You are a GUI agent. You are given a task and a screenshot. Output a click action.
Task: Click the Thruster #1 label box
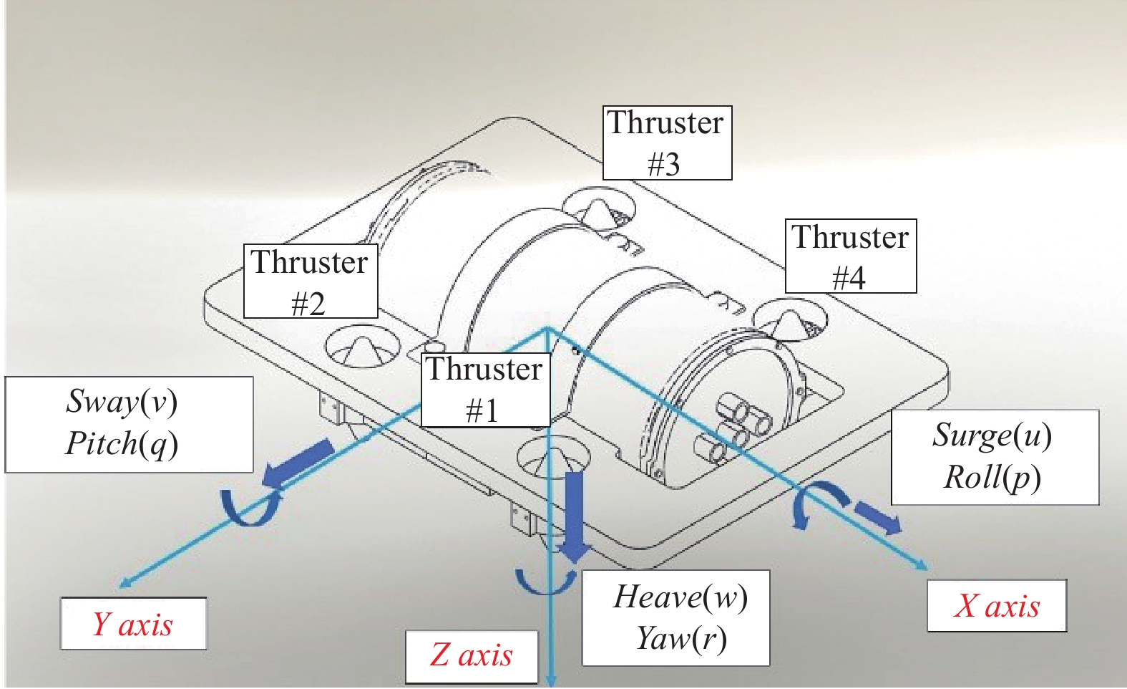click(485, 390)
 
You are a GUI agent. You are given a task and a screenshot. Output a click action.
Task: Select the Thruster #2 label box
click(310, 281)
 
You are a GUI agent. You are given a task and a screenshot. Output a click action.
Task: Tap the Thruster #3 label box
click(667, 143)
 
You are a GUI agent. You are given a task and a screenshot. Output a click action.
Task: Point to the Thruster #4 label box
click(850, 256)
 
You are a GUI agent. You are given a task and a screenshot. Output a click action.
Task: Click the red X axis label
click(996, 606)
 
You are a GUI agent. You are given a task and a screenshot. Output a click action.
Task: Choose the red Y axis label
click(133, 624)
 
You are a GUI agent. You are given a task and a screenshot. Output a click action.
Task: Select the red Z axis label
click(472, 655)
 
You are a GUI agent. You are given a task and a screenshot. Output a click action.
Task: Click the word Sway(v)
click(122, 401)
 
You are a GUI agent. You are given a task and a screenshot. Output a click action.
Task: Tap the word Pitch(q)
click(122, 443)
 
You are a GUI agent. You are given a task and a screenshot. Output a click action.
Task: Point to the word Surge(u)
click(992, 435)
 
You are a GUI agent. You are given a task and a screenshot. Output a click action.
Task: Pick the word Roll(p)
click(992, 478)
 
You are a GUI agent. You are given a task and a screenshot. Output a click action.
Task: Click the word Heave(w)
click(680, 597)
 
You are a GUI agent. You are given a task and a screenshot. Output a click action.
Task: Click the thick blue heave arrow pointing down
click(575, 516)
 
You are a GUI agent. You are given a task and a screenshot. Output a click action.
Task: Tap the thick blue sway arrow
click(298, 464)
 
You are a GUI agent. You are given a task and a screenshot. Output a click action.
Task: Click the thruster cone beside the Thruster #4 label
click(791, 322)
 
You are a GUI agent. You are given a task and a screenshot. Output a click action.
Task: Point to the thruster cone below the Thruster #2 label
click(362, 347)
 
